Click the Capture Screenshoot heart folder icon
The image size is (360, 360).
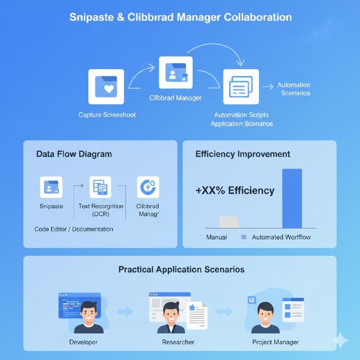coord(106,87)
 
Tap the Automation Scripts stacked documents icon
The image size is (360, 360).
coord(241,86)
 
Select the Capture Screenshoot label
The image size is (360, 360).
coord(107,115)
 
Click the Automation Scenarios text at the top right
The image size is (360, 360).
coord(295,89)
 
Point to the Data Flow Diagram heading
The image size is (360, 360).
coord(74,154)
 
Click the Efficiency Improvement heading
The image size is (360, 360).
coord(243,154)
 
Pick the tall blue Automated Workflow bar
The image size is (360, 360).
coord(292,198)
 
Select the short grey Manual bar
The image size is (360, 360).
coord(229,221)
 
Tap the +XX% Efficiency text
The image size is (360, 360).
coord(235,191)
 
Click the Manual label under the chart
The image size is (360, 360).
coord(217,237)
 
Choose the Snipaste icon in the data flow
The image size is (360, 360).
coord(51,187)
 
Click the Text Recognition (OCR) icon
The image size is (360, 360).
coord(100,187)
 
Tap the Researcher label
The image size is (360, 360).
coord(178,342)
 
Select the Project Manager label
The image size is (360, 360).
coord(275,342)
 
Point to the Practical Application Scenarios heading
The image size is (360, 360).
coord(181,269)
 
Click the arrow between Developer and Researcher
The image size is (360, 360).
coord(125,312)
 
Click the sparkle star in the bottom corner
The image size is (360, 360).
coord(341,340)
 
